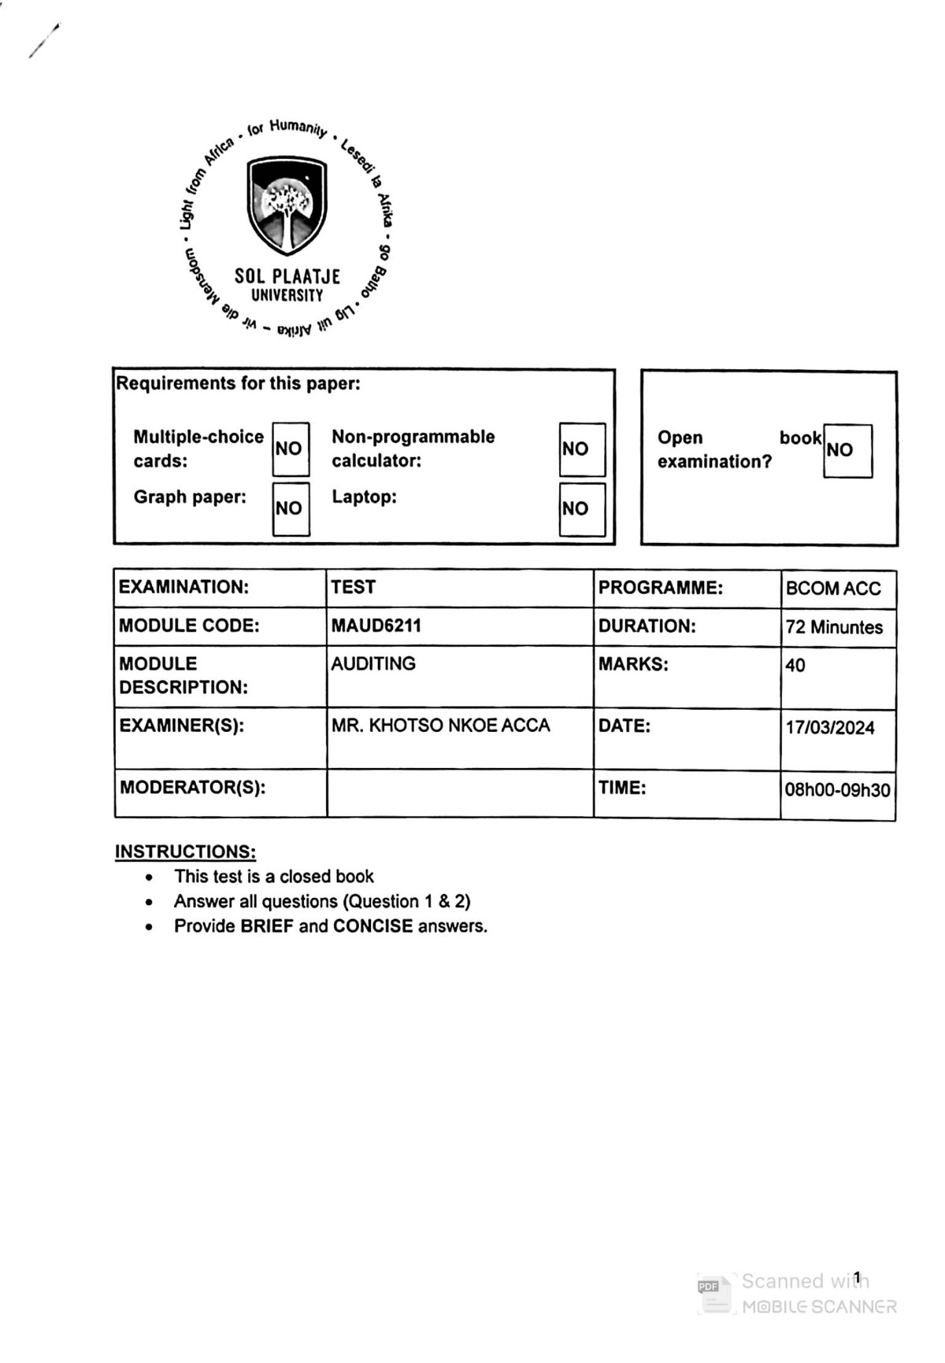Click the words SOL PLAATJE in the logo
[x=287, y=276]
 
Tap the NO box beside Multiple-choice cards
[x=290, y=449]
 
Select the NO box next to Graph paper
[x=290, y=508]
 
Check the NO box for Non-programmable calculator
[x=581, y=449]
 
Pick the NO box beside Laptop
[x=581, y=508]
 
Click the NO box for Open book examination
[x=847, y=450]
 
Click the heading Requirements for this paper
[x=238, y=384]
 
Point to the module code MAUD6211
[x=376, y=626]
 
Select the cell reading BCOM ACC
[x=833, y=589]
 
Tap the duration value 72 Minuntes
[x=834, y=628]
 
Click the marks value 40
[x=795, y=666]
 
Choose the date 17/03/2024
[x=830, y=728]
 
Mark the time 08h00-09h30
[x=837, y=790]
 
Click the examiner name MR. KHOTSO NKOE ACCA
[x=440, y=726]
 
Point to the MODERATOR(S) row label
[x=192, y=788]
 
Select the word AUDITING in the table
[x=373, y=664]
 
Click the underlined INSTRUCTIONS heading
[x=185, y=852]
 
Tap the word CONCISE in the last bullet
[x=372, y=926]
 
